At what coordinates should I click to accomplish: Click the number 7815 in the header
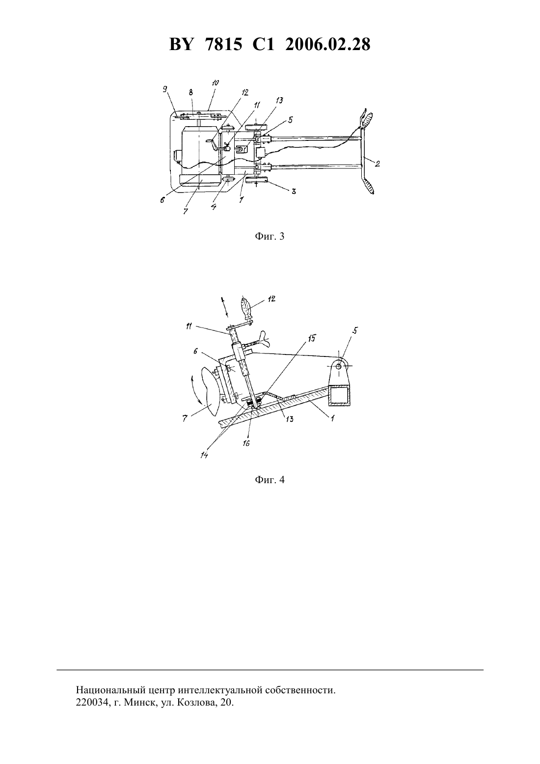(224, 45)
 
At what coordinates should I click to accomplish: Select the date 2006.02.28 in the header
(327, 45)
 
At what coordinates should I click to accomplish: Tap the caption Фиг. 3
(270, 236)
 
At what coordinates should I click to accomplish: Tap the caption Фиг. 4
(270, 480)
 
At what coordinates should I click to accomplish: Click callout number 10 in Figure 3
(215, 83)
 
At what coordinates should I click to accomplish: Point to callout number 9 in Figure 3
(164, 89)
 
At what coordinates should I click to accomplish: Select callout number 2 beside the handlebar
(377, 164)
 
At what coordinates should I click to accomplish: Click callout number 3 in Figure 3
(293, 191)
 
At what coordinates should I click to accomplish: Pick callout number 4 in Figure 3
(214, 207)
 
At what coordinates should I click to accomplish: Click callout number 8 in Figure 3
(190, 92)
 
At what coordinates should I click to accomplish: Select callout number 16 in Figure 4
(246, 443)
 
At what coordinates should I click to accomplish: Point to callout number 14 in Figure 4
(204, 455)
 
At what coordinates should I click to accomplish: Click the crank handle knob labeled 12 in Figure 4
(246, 306)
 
